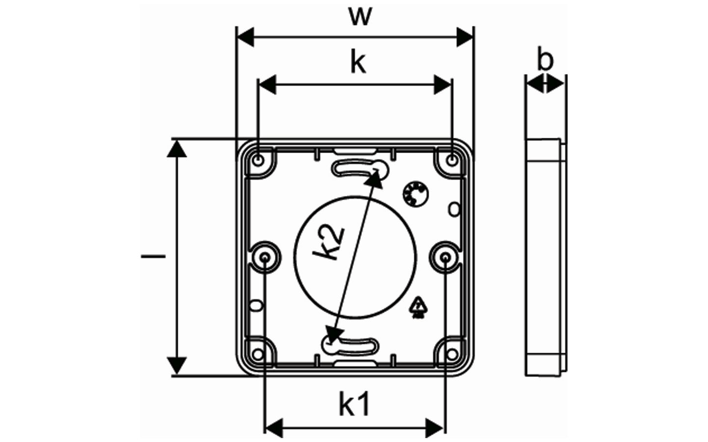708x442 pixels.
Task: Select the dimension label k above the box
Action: (x=358, y=63)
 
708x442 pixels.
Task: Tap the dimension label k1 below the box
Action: (x=354, y=405)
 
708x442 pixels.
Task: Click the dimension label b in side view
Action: (x=545, y=60)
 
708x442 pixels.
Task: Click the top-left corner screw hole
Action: (x=258, y=159)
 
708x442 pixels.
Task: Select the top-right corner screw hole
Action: (x=452, y=159)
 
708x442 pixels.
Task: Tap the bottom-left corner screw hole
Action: (x=258, y=353)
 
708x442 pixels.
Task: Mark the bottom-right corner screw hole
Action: (x=452, y=353)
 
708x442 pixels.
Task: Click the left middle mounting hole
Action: (x=265, y=257)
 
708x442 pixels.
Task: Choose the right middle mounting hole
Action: (x=445, y=257)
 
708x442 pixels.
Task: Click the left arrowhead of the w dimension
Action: (x=245, y=37)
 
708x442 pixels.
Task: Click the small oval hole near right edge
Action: (x=455, y=209)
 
